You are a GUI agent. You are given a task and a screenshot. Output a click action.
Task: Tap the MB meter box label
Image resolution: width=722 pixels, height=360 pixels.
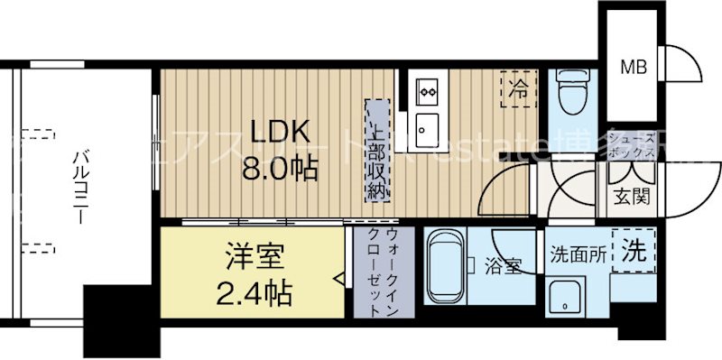click(x=631, y=66)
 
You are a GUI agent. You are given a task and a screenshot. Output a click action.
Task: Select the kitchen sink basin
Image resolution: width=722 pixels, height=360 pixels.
click(x=425, y=126)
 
